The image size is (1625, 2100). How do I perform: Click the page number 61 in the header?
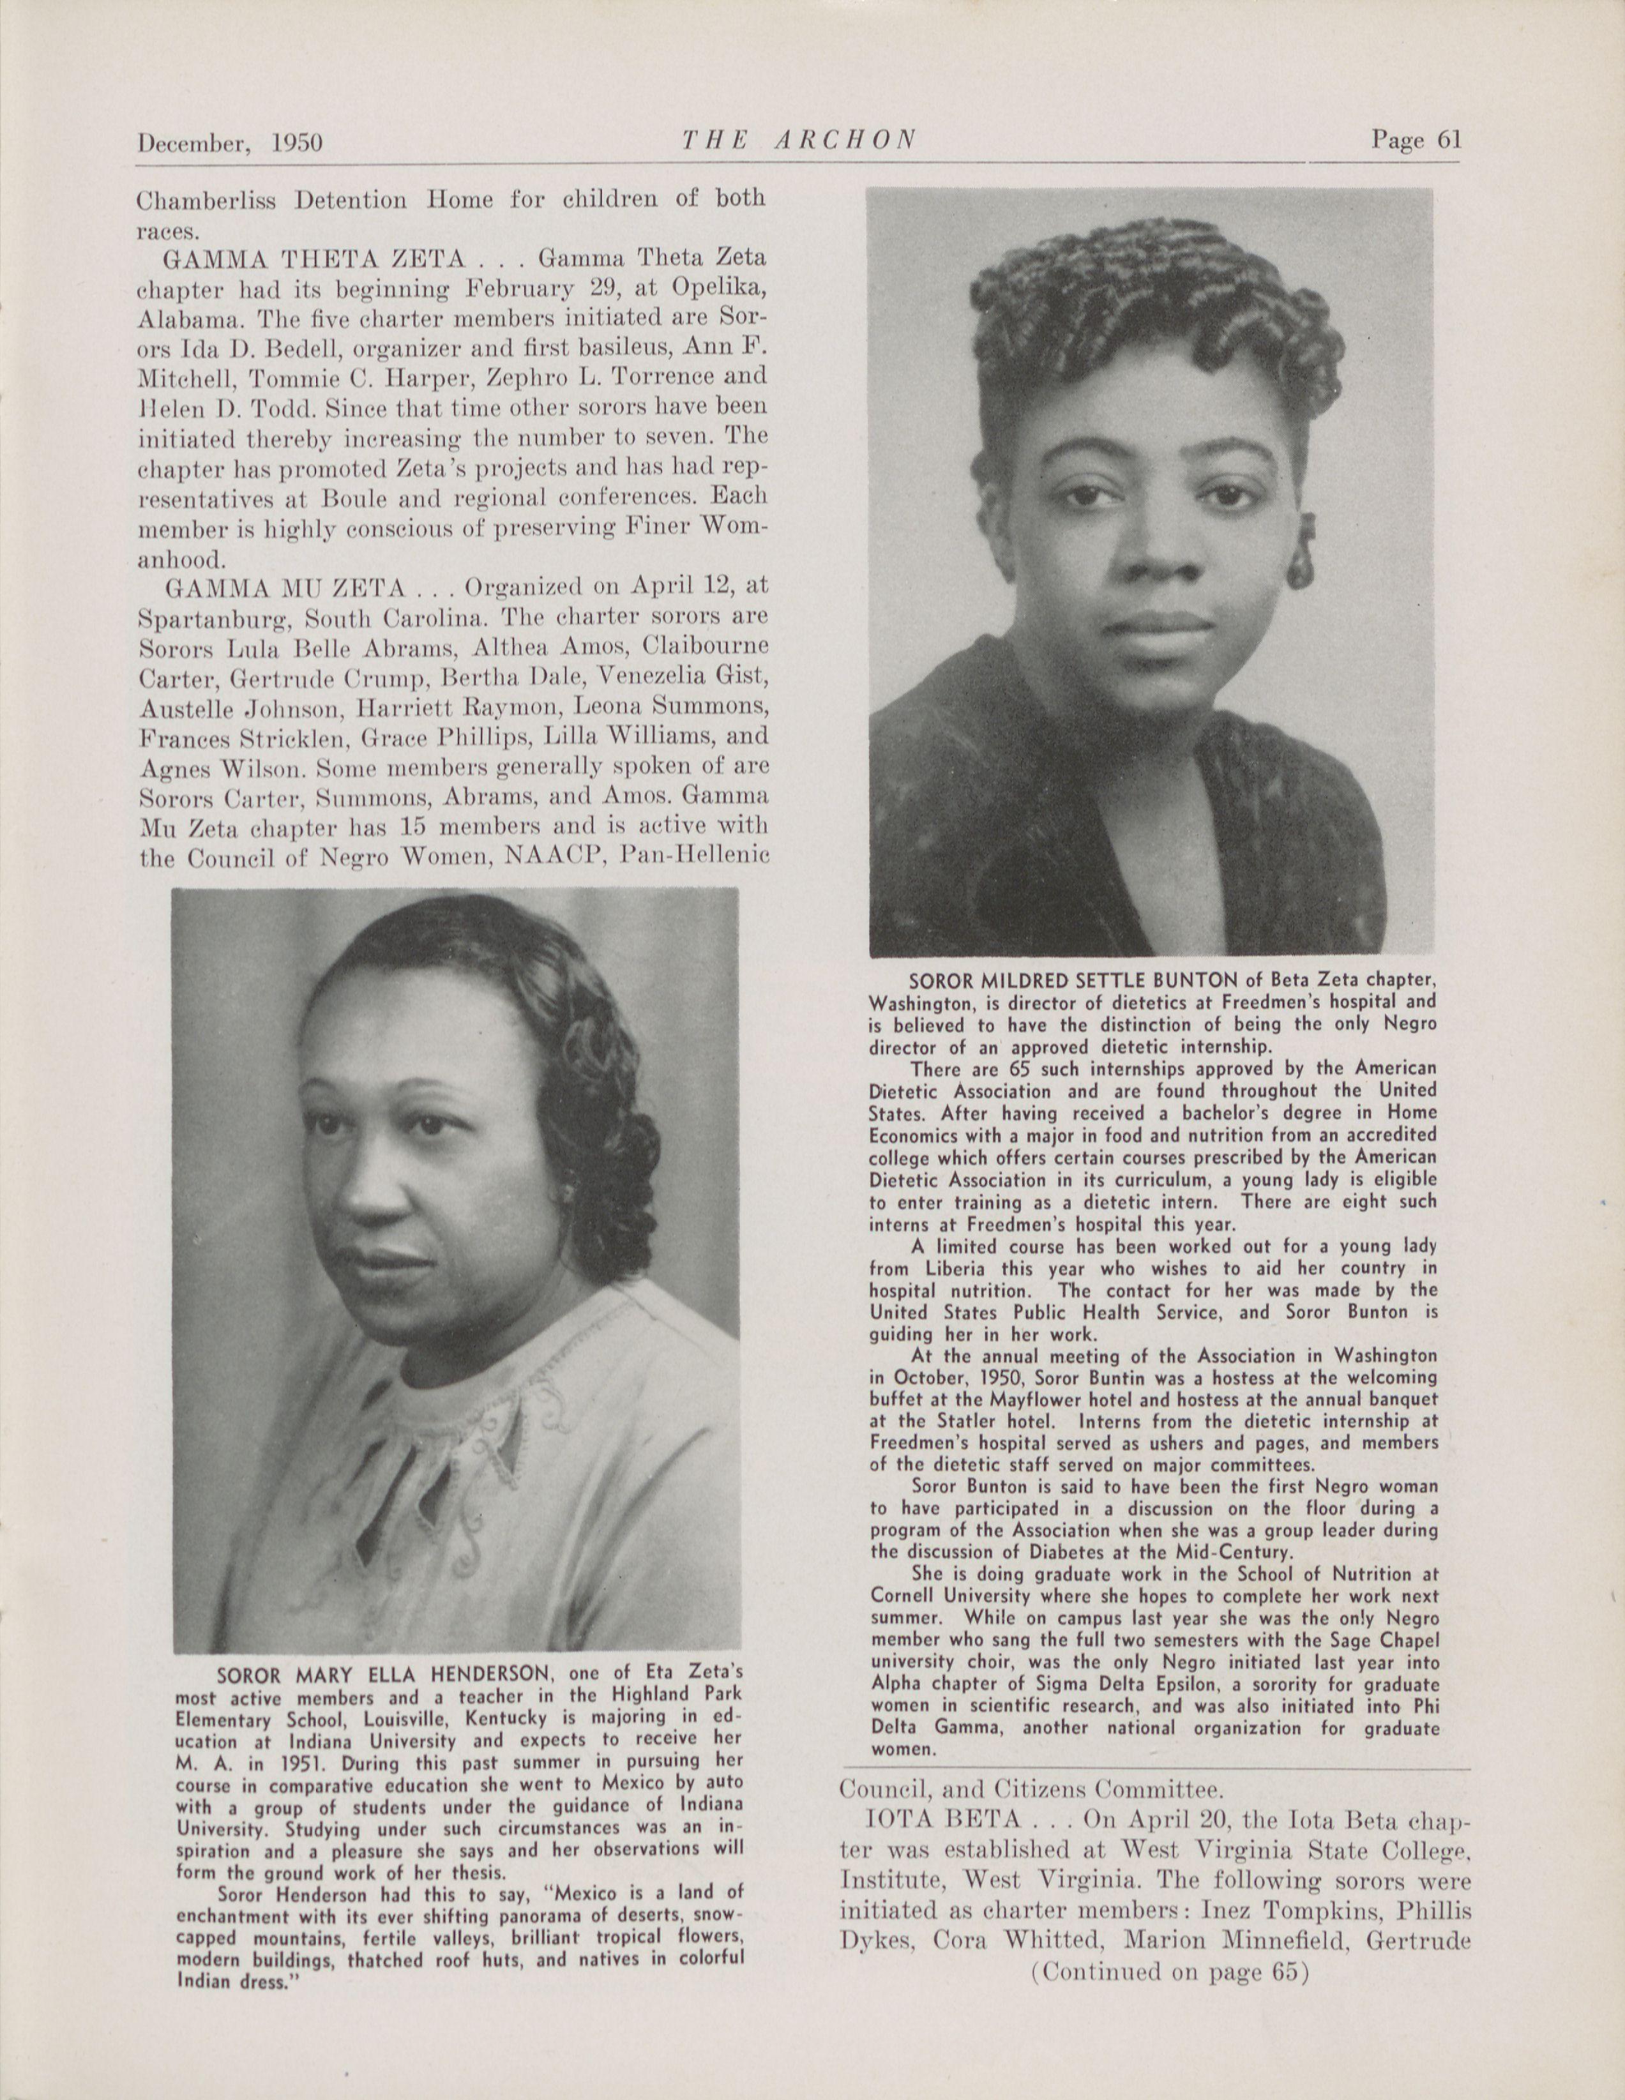1447,140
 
